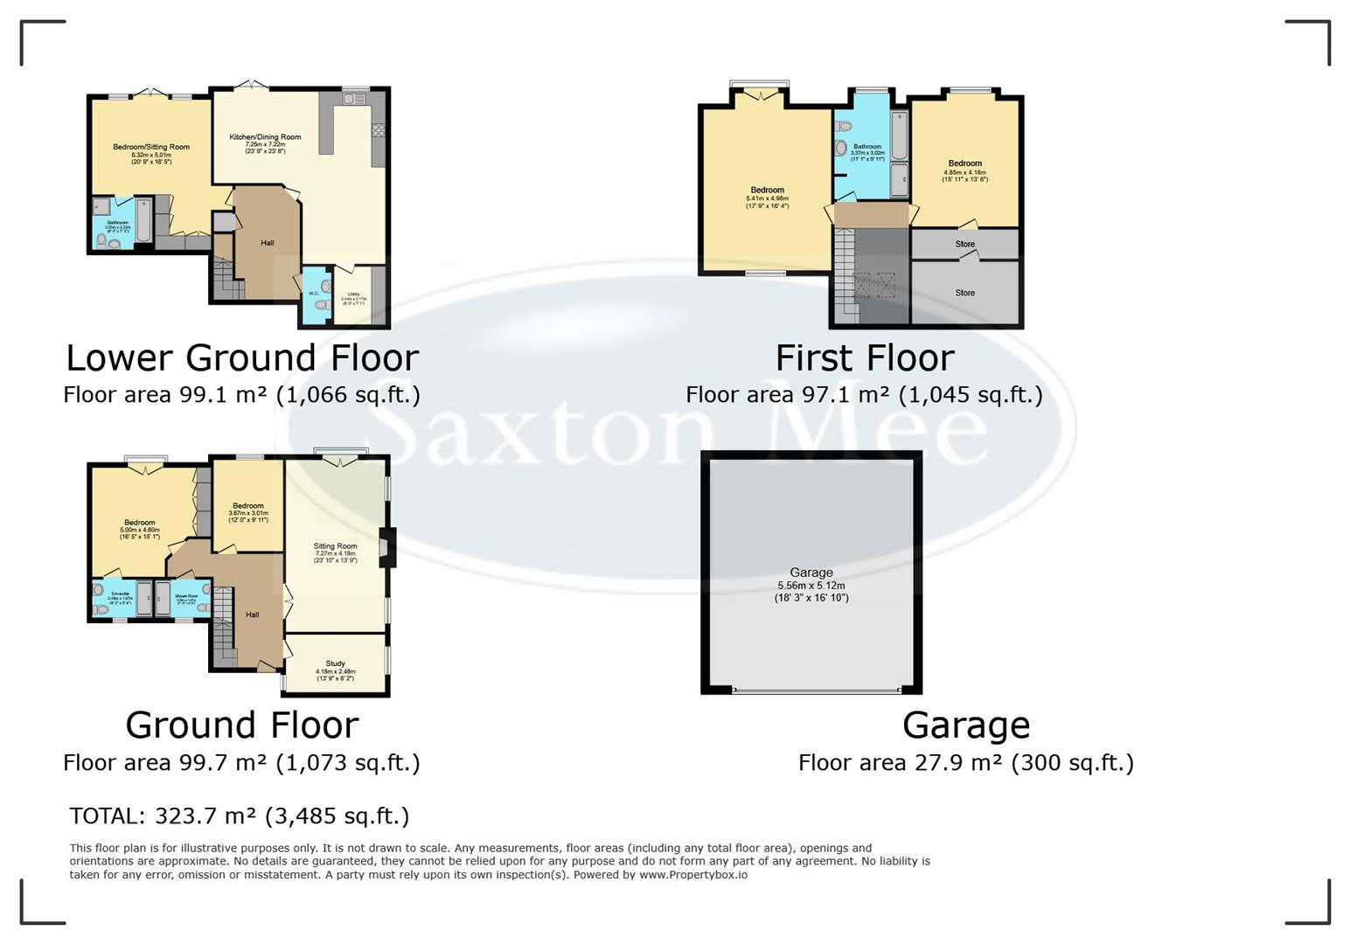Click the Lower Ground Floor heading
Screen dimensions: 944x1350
pyautogui.click(x=242, y=358)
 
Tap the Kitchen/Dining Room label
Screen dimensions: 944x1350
pyautogui.click(x=265, y=137)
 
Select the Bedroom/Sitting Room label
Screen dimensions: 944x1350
pyautogui.click(x=151, y=147)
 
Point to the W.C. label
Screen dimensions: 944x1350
pyautogui.click(x=313, y=293)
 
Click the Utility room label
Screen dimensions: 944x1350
pyautogui.click(x=353, y=295)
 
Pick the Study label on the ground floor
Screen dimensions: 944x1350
pyautogui.click(x=335, y=663)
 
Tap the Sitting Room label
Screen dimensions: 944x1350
pyautogui.click(x=335, y=546)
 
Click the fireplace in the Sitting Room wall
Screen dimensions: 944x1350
pyautogui.click(x=386, y=548)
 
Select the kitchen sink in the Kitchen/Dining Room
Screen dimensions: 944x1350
pyautogui.click(x=354, y=100)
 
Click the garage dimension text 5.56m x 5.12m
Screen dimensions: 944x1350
pyautogui.click(x=811, y=586)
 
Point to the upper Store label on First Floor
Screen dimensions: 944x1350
pyautogui.click(x=964, y=245)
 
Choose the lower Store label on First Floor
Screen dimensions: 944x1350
pyautogui.click(x=964, y=293)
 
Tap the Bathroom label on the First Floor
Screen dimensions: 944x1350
pyautogui.click(x=867, y=147)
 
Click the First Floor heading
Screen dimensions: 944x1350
pyautogui.click(x=865, y=358)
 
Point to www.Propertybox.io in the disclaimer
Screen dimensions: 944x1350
pyautogui.click(x=692, y=874)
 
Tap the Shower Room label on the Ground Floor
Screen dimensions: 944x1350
pyautogui.click(x=185, y=596)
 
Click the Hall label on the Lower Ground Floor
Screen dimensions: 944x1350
pyautogui.click(x=268, y=243)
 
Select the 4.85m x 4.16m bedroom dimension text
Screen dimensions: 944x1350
pyautogui.click(x=964, y=172)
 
